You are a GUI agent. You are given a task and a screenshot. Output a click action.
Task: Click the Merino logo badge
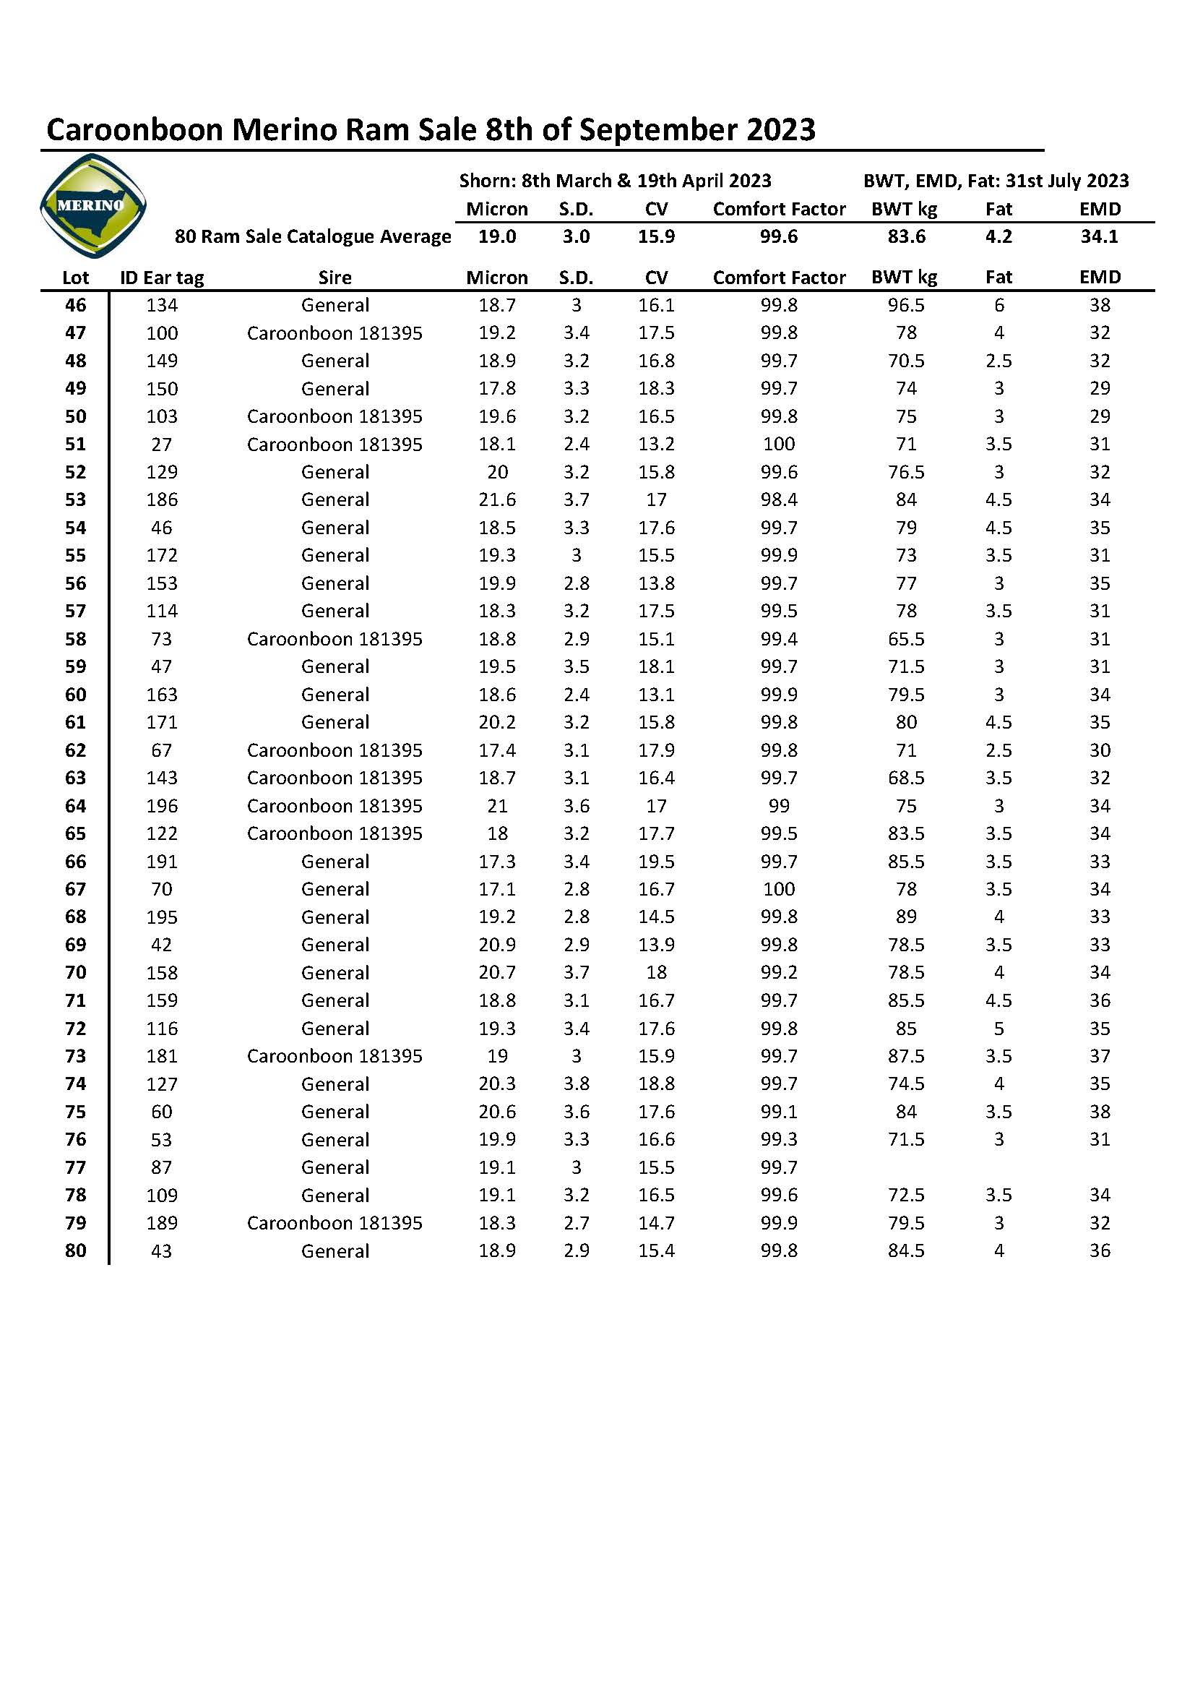tap(92, 205)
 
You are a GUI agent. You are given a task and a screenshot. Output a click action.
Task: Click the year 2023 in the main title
tap(782, 129)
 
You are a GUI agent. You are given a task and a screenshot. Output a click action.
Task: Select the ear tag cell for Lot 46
tap(162, 305)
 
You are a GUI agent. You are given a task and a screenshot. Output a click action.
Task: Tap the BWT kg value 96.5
tap(906, 305)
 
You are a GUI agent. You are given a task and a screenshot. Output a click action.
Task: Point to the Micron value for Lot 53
tap(497, 499)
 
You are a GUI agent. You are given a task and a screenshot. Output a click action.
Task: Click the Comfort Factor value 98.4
tap(779, 499)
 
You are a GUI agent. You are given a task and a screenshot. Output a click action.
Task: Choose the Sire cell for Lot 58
tap(335, 639)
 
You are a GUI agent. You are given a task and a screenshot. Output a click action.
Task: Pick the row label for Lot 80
tap(76, 1250)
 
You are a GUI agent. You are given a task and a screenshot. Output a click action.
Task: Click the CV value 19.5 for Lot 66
tap(656, 862)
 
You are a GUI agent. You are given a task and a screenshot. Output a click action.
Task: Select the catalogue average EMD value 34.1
tap(1100, 236)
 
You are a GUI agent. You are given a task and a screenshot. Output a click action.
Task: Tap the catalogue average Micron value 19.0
tap(497, 236)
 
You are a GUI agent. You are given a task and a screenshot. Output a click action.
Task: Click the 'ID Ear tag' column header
tap(162, 278)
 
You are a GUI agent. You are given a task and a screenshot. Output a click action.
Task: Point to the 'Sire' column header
tap(335, 278)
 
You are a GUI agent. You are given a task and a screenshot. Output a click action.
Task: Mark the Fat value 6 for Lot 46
tap(998, 305)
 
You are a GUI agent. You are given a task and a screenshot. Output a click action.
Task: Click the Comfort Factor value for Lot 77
tap(779, 1167)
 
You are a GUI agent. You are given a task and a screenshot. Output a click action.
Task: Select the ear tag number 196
tap(162, 806)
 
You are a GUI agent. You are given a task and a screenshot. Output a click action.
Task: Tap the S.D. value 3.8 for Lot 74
tap(576, 1084)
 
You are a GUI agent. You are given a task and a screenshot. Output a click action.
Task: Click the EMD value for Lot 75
tap(1100, 1112)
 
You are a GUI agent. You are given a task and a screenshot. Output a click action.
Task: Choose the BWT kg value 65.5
tap(906, 639)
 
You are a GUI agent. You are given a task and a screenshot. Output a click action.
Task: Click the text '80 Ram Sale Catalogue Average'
tap(313, 236)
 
